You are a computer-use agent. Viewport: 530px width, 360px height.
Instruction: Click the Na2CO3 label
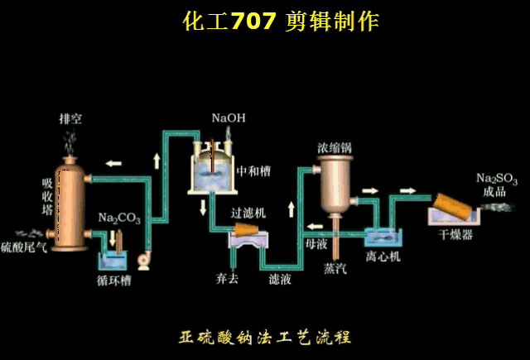tap(118, 218)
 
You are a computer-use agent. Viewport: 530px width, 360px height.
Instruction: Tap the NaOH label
tap(228, 118)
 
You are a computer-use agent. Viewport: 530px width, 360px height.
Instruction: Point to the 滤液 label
tap(279, 279)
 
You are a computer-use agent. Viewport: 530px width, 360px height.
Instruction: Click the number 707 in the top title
tap(253, 22)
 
